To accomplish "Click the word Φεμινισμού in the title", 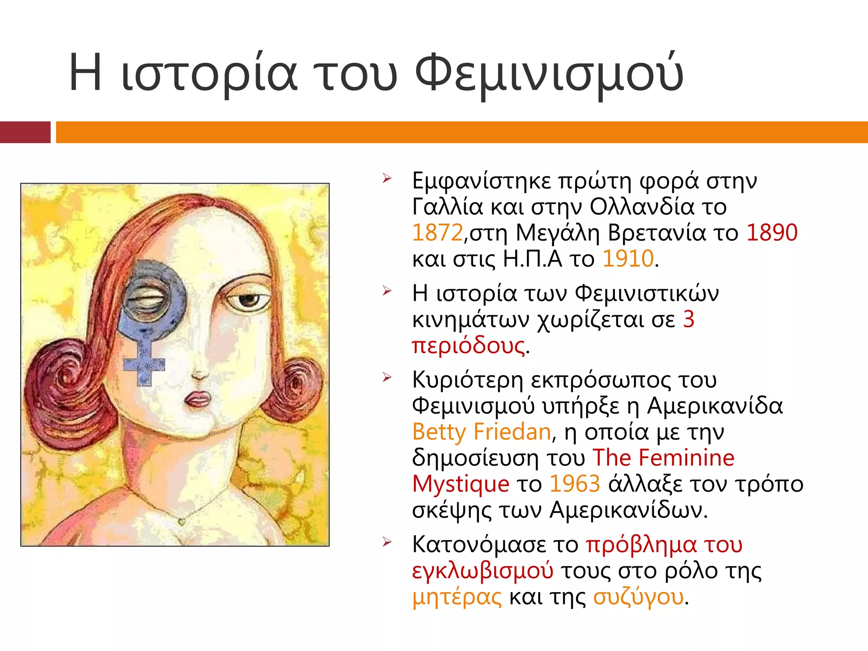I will click(549, 73).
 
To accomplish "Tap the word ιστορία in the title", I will click(209, 73).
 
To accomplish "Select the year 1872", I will click(437, 233).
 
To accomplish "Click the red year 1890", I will click(772, 233).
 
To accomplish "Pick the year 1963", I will click(575, 484).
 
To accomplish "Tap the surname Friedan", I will click(512, 432).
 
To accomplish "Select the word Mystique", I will click(460, 484).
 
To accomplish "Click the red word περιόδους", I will click(468, 345).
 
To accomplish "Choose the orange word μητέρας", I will click(457, 597).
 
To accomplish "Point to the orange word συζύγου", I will click(638, 597).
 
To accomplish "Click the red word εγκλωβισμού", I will click(482, 570).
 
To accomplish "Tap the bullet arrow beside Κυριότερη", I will click(387, 377).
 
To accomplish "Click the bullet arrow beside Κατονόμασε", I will click(387, 542).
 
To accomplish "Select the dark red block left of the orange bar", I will click(25, 132).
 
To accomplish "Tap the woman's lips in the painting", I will click(198, 399).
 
